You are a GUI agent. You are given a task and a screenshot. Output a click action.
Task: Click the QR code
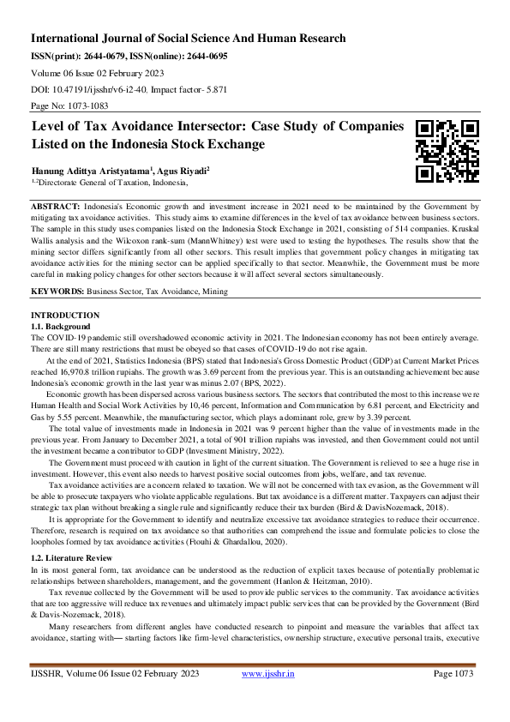click(x=447, y=152)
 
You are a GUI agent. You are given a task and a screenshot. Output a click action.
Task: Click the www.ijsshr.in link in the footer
click(x=267, y=698)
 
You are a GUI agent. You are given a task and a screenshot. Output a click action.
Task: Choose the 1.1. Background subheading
click(x=60, y=327)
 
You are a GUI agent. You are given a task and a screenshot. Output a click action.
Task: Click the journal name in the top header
click(x=189, y=38)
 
